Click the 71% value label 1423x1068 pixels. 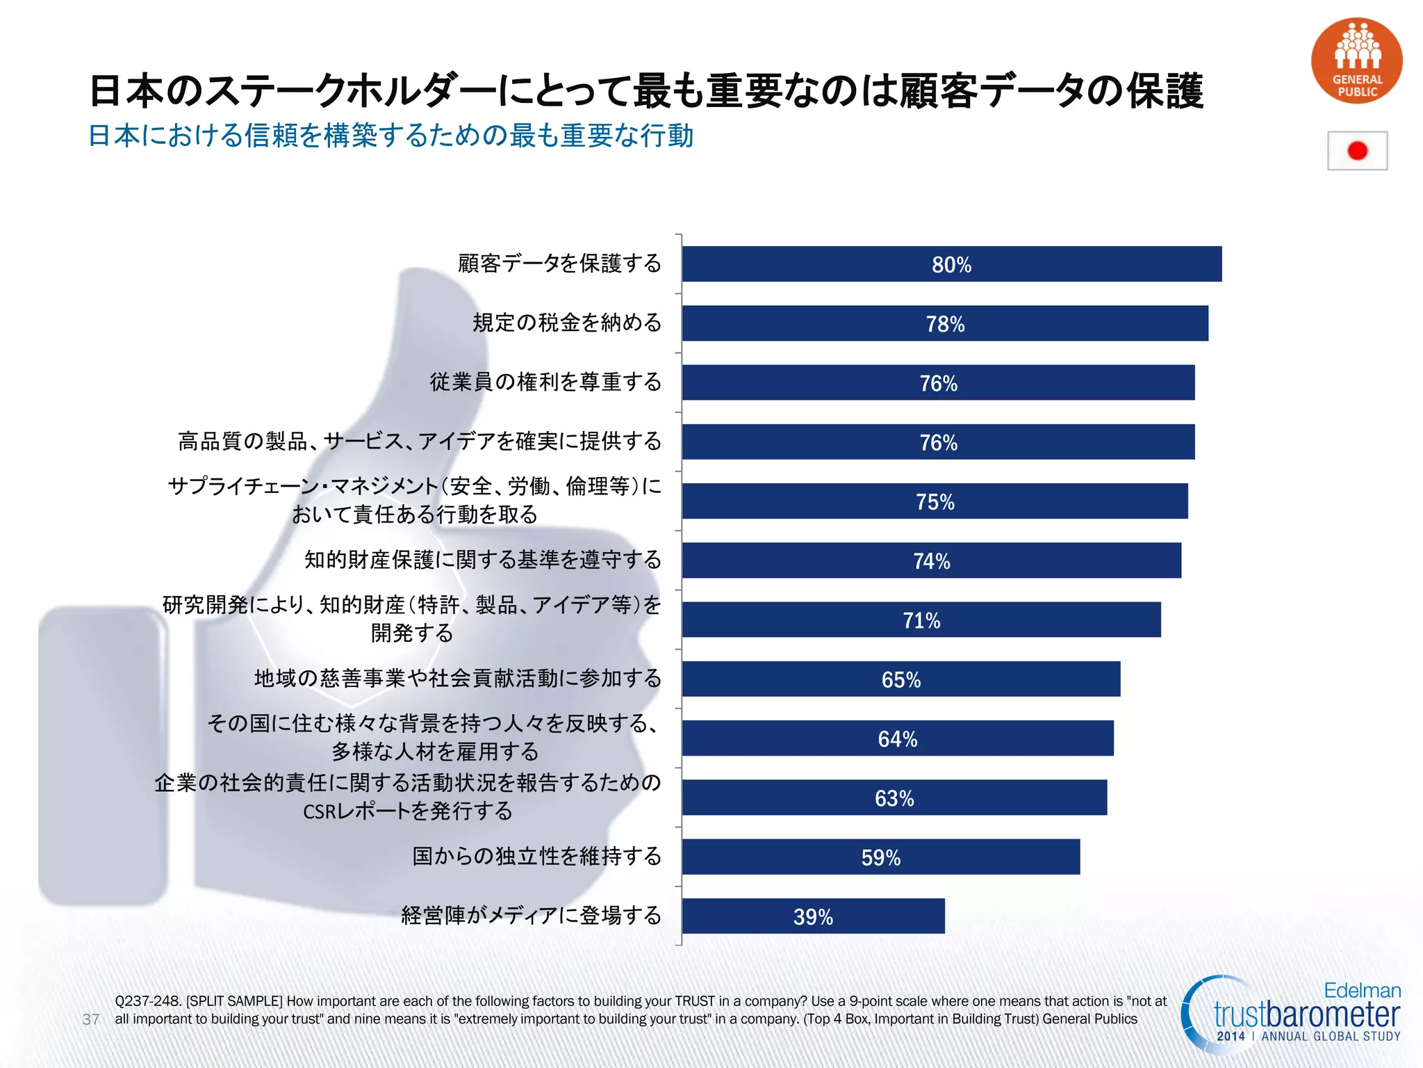pos(921,620)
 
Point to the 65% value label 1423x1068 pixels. pos(901,679)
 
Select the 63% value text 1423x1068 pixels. pos(894,798)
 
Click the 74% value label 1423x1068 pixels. pos(931,561)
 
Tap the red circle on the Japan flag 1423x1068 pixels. pos(1357,151)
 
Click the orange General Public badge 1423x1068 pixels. pos(1356,61)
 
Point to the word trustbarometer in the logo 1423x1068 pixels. pos(1306,1014)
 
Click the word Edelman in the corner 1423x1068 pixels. pos(1362,990)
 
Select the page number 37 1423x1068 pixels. pos(91,1019)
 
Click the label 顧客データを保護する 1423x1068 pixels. pos(559,264)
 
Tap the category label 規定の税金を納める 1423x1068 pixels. pos(567,323)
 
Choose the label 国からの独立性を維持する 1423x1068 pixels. pos(536,856)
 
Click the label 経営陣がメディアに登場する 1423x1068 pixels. pos(531,915)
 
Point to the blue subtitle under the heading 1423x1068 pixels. pos(390,136)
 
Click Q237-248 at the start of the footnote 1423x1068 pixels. pos(148,1001)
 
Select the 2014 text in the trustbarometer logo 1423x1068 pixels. pos(1231,1036)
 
